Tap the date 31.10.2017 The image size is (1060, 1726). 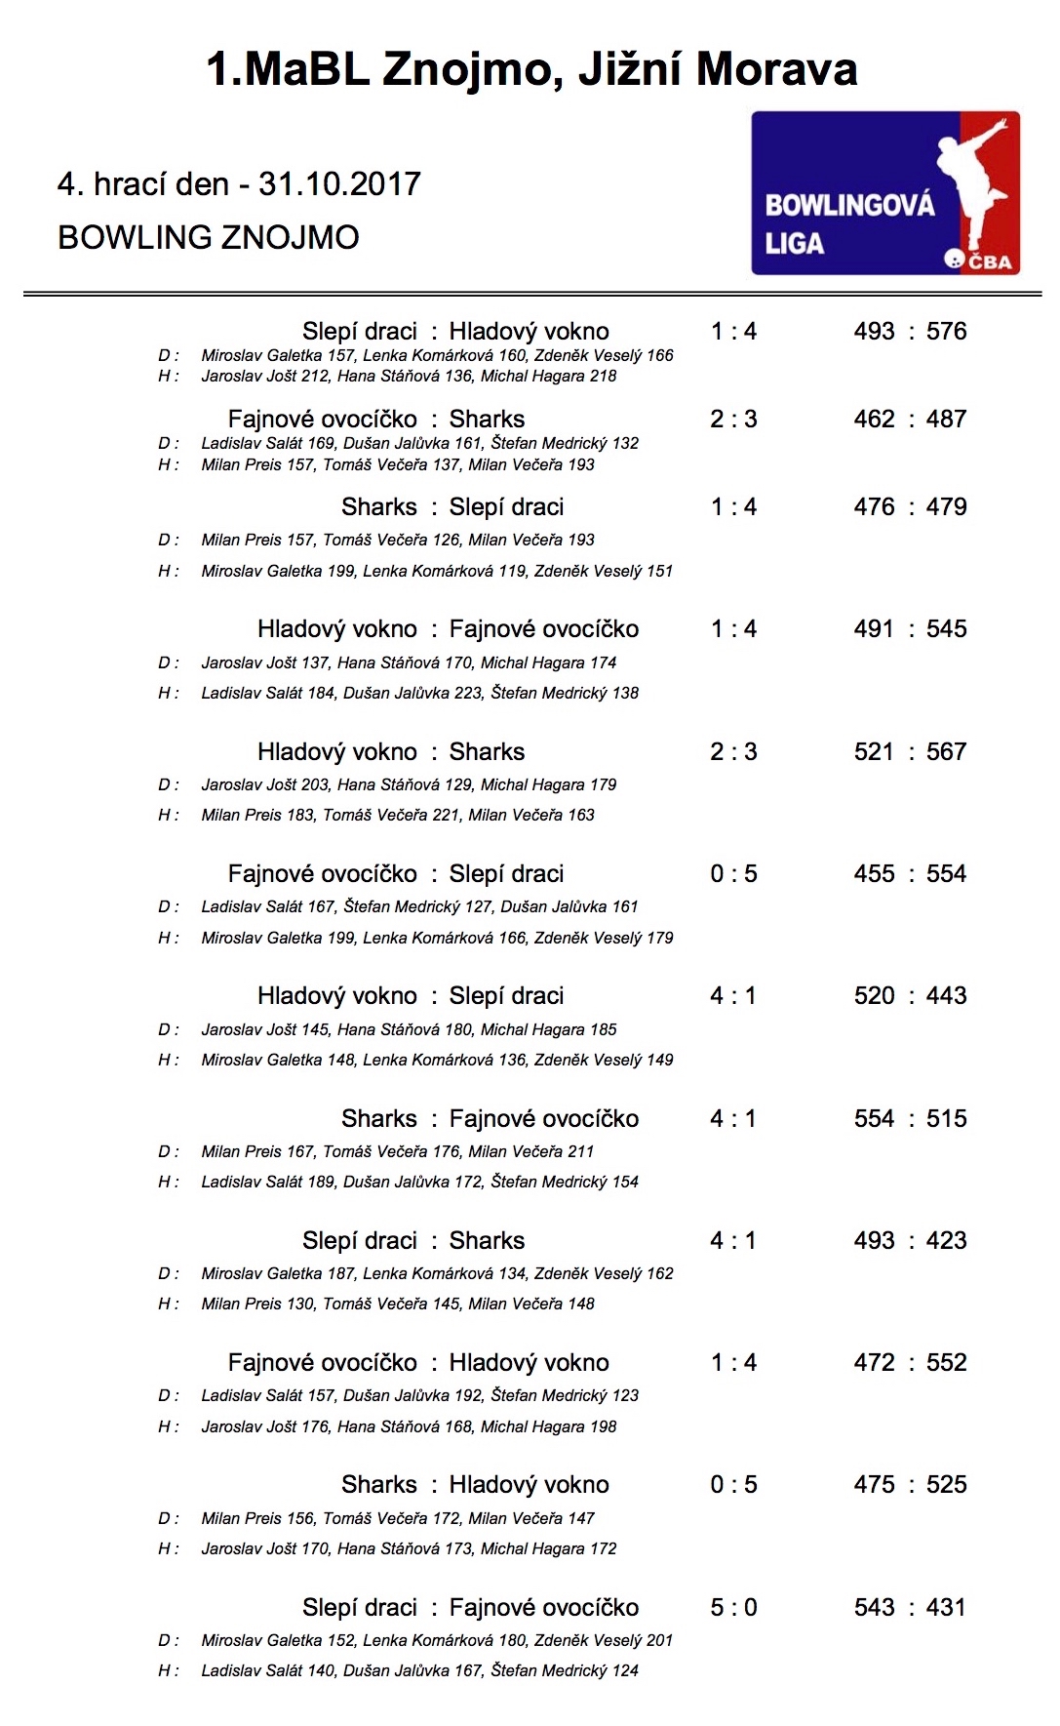coord(339,184)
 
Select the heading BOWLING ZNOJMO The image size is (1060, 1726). coord(209,237)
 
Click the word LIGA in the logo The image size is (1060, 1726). coord(795,243)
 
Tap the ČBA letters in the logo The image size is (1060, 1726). coord(989,261)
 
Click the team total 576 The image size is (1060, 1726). coord(946,332)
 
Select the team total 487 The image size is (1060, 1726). coord(946,420)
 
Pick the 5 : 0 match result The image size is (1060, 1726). coord(733,1608)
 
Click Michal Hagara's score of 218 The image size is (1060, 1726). coord(603,377)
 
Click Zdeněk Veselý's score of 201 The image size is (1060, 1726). coord(659,1641)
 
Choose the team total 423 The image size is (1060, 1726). coord(946,1241)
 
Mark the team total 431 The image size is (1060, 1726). coord(946,1608)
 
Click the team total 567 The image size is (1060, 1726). coord(946,752)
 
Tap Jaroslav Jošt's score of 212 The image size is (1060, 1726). coord(315,377)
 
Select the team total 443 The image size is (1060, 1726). coord(946,996)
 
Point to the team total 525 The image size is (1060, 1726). coord(946,1485)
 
